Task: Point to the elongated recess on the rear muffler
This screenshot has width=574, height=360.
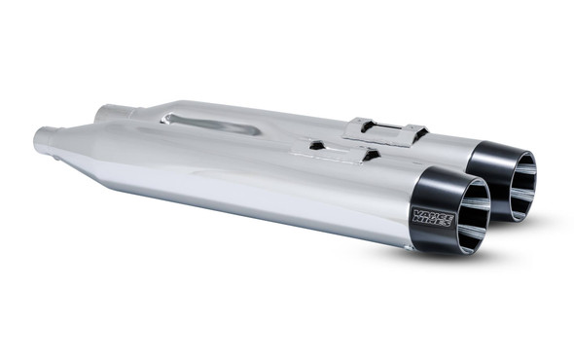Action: (x=210, y=124)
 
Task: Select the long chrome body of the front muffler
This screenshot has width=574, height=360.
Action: (x=263, y=190)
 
